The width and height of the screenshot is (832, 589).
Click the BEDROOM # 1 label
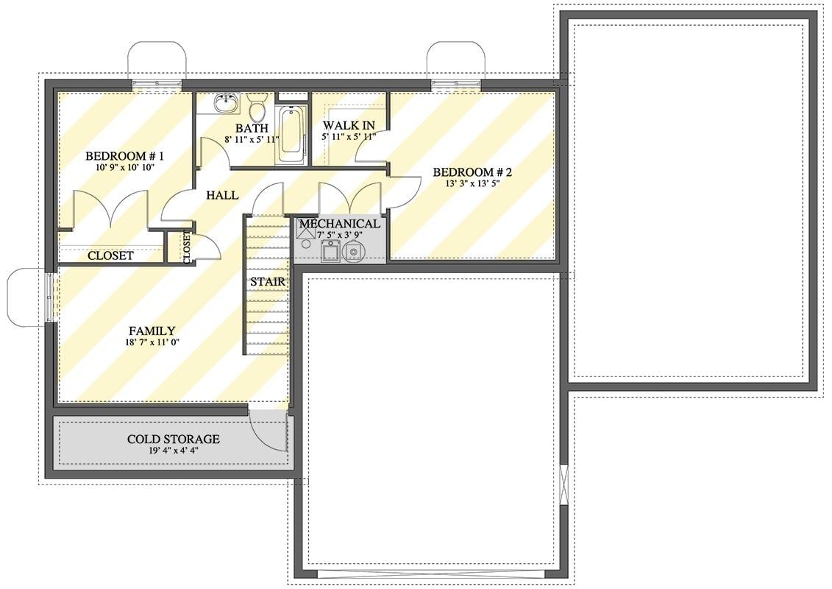tap(124, 156)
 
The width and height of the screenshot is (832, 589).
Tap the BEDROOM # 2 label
tap(472, 172)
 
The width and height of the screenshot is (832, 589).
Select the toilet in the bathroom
tap(257, 107)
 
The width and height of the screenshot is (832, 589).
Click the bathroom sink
tap(226, 103)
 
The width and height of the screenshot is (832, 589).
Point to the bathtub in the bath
tap(291, 133)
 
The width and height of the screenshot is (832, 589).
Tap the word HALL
tap(221, 195)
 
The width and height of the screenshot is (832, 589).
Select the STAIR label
tap(267, 282)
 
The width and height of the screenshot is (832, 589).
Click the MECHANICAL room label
tap(339, 224)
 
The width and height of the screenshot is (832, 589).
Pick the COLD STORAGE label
tap(173, 440)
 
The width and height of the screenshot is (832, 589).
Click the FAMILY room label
tap(152, 331)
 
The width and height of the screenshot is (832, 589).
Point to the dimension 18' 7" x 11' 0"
tap(152, 342)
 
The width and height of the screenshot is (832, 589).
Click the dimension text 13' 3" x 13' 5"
tap(472, 184)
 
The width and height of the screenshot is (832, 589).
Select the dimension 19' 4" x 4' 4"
tap(173, 451)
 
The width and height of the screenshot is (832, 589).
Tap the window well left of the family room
tap(28, 297)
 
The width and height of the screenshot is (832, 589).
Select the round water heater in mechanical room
tap(354, 252)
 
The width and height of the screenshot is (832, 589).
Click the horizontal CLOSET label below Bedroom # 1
tap(110, 255)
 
